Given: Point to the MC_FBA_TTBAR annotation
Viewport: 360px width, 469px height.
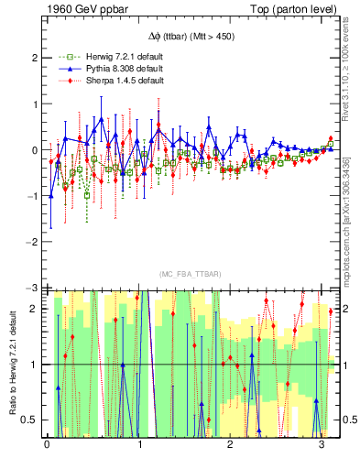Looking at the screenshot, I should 191,274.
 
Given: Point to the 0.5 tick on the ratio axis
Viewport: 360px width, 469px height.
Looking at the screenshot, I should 30,420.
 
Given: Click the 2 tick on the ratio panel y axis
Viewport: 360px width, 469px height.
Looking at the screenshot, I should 35,309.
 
